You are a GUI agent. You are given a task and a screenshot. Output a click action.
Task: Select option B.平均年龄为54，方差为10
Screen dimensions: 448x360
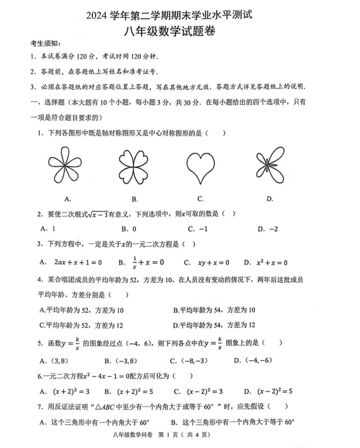pos(214,310)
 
